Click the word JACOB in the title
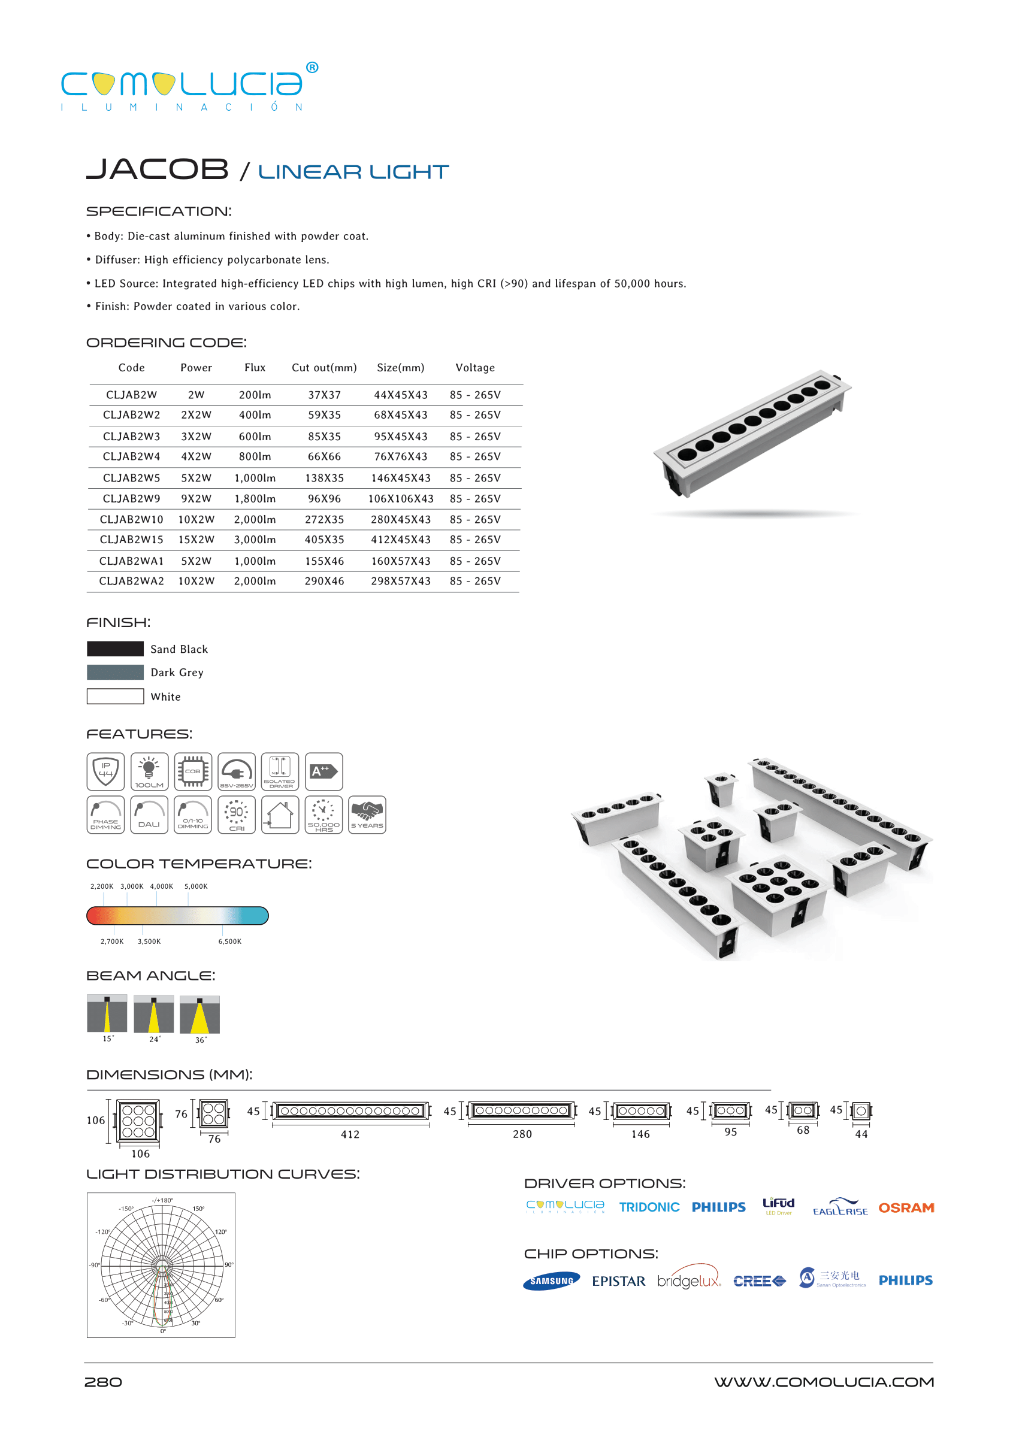click(x=157, y=169)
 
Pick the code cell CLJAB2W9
click(x=131, y=499)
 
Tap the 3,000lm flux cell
click(x=255, y=540)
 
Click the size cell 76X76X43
click(x=400, y=457)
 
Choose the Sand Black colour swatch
click(x=116, y=649)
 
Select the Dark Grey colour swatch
click(x=116, y=673)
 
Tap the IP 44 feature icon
click(x=105, y=771)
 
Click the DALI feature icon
click(x=149, y=815)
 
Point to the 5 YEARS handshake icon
click(x=367, y=815)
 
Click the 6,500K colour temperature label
click(x=229, y=941)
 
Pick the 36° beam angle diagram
click(x=199, y=1015)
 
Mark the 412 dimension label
click(x=350, y=1134)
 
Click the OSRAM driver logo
click(x=906, y=1207)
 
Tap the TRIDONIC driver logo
click(x=649, y=1207)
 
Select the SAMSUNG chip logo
click(x=551, y=1281)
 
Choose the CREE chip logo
click(x=759, y=1281)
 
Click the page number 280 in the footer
click(x=104, y=1382)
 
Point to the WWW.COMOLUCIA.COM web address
click(x=824, y=1382)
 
